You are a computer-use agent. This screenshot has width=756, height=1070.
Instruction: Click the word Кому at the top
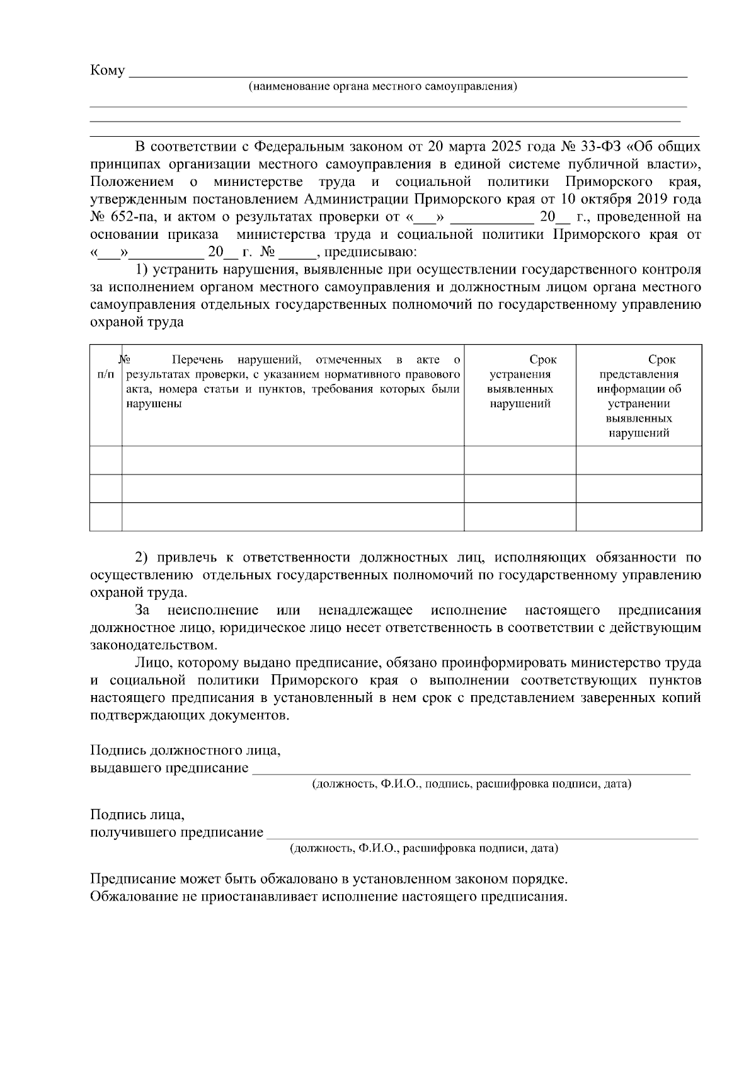click(x=108, y=71)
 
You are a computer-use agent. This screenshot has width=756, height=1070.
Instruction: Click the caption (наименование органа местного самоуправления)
click(x=382, y=86)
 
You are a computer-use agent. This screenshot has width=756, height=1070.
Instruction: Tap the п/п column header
click(x=106, y=375)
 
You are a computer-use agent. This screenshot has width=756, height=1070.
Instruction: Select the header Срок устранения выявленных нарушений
click(x=520, y=382)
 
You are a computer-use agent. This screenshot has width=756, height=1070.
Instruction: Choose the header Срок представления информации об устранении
click(x=639, y=396)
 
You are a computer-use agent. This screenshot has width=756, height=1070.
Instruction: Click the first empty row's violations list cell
click(x=292, y=460)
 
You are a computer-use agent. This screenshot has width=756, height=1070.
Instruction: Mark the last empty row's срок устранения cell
click(x=520, y=517)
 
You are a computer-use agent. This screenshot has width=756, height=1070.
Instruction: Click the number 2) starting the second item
click(x=142, y=558)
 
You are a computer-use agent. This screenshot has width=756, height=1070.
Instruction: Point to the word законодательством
click(x=153, y=646)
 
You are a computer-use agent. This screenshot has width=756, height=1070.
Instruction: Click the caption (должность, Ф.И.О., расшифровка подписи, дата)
click(x=423, y=849)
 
